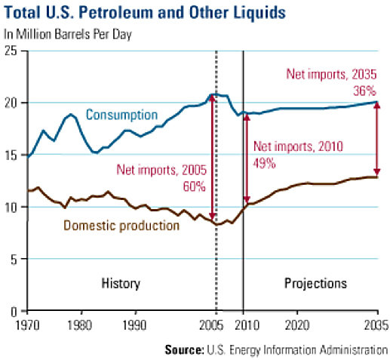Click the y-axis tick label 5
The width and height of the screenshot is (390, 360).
[14, 259]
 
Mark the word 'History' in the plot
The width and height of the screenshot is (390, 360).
[121, 284]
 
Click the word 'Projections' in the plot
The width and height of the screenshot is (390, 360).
[315, 284]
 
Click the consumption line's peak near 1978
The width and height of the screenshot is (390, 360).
[71, 115]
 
